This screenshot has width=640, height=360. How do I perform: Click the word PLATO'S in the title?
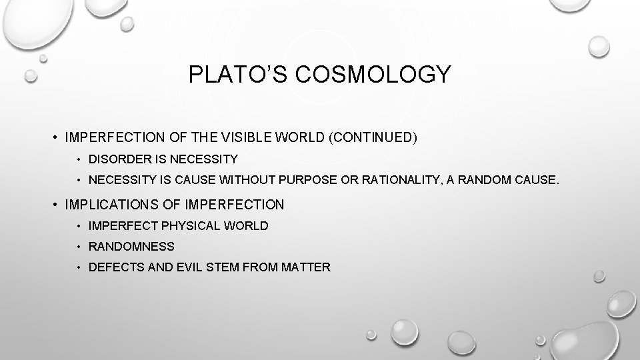click(231, 74)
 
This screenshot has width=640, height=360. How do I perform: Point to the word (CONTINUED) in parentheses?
click(375, 138)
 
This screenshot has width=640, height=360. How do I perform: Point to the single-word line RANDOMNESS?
click(131, 246)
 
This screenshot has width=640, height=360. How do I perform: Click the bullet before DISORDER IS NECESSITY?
click(78, 159)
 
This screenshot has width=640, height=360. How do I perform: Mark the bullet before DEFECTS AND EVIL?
click(78, 267)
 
